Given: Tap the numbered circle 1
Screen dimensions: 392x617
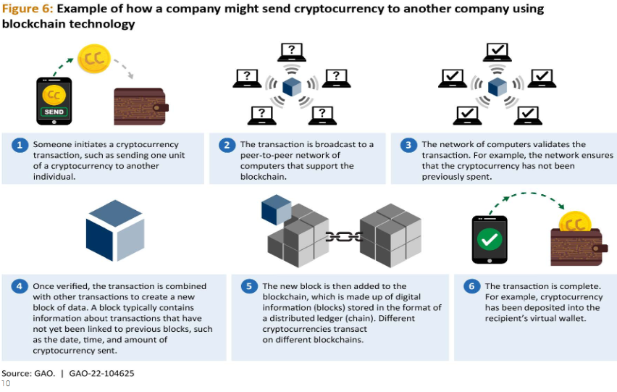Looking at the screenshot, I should pos(20,145).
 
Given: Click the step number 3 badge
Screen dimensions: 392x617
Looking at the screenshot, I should pos(408,145).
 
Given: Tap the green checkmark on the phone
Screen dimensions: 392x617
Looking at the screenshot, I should pos(489,238).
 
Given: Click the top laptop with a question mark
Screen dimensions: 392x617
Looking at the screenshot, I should pos(291,51).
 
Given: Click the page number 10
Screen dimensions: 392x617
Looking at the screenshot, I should pos(6,383).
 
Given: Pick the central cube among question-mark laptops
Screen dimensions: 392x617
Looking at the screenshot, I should pos(291,88).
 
